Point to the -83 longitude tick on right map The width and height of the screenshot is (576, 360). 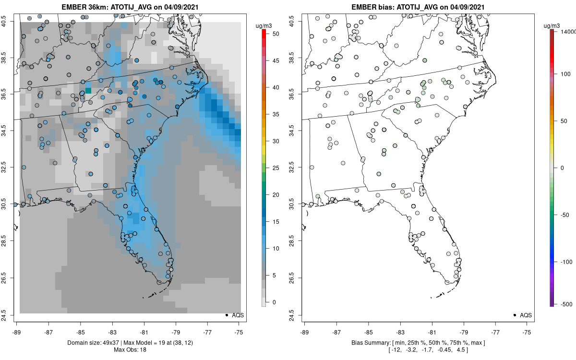click(400, 331)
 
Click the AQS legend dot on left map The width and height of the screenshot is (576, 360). click(226, 315)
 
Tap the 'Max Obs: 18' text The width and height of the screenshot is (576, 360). click(130, 349)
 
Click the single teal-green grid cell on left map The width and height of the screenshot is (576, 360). click(88, 90)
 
